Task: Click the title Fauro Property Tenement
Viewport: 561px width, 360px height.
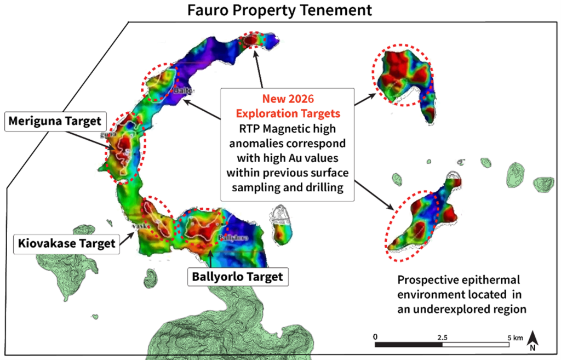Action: [280, 10]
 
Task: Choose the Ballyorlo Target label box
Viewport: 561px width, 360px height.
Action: [237, 276]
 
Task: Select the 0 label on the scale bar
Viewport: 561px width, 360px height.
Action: [375, 336]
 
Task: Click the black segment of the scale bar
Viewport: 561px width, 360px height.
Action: [409, 345]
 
